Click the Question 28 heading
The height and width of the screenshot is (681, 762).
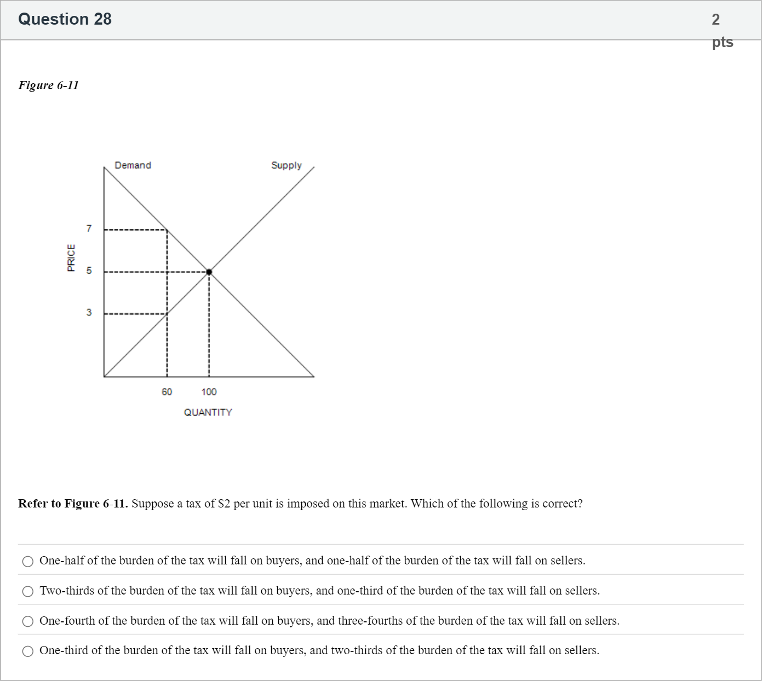(x=65, y=19)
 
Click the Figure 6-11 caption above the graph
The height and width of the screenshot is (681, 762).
(x=48, y=85)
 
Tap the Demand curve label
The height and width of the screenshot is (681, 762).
(x=133, y=165)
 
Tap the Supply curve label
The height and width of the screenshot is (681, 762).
(x=286, y=165)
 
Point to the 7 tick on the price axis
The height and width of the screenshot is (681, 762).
(x=89, y=228)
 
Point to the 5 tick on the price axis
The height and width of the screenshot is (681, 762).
(x=89, y=270)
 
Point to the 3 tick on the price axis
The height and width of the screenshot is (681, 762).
(x=89, y=313)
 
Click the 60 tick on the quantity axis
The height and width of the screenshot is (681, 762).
(x=167, y=392)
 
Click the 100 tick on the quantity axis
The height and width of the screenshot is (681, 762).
(x=209, y=392)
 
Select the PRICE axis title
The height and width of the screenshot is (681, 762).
(x=71, y=257)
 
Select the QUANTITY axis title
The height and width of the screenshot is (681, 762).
(x=208, y=412)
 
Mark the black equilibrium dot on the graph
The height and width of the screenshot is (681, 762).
(x=209, y=272)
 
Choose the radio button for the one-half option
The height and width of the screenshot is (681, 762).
(x=28, y=561)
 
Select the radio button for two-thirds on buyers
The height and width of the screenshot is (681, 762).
(x=28, y=591)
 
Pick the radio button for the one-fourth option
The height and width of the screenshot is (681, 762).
(x=28, y=621)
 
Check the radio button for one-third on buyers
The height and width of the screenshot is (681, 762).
(x=28, y=651)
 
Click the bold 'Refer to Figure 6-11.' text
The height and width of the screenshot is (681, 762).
(x=73, y=504)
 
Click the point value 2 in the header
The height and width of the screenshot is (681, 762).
(x=715, y=20)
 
